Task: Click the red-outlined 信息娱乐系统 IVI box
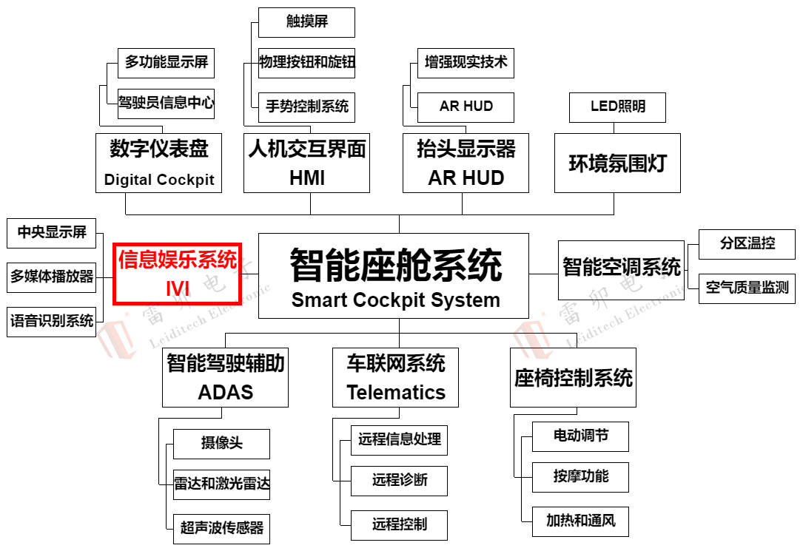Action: pos(177,273)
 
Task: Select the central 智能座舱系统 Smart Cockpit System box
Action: pos(394,276)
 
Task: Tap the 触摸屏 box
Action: pos(306,22)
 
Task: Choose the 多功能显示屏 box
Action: pos(166,63)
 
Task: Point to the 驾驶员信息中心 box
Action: pos(166,104)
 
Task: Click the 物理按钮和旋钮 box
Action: pos(306,63)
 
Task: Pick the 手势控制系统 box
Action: pos(306,107)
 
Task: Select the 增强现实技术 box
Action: pos(466,63)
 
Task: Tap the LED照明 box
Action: pos(617,107)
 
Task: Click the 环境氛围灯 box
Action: pos(617,163)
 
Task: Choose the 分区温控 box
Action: pos(747,244)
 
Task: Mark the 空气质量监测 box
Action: pos(747,288)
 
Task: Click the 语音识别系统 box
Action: pos(52,321)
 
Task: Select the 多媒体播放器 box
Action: pos(52,277)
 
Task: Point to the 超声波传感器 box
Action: pos(221,528)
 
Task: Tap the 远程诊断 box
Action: pos(399,481)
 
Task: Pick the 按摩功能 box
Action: pos(580,477)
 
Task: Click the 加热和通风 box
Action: pos(580,521)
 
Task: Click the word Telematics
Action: pos(396,393)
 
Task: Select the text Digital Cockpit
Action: pos(159,180)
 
